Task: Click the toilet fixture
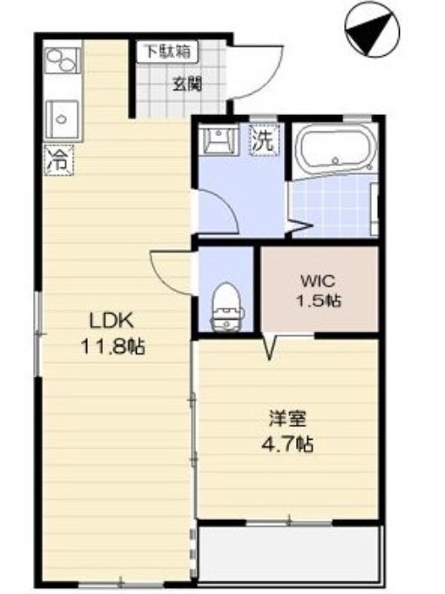point(227,307)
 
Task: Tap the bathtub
point(335,149)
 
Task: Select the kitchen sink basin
point(62,119)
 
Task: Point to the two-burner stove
point(62,61)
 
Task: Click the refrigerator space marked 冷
point(59,160)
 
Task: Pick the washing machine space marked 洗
point(264,141)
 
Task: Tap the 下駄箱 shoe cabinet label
point(167,51)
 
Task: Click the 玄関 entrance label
point(187,84)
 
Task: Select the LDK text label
point(111,321)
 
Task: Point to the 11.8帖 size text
point(113,346)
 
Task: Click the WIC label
point(318,281)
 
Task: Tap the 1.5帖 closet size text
point(319,300)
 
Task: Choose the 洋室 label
point(287,419)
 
